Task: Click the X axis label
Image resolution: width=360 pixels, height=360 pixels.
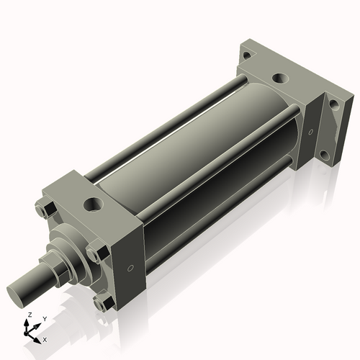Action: coord(45,338)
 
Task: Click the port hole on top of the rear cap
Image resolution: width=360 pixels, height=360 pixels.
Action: coord(278,78)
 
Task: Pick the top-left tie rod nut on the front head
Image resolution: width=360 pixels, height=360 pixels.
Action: coord(41,210)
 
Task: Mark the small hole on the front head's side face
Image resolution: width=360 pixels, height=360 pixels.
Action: coord(130,269)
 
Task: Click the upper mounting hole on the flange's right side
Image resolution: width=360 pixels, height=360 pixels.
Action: coord(333,104)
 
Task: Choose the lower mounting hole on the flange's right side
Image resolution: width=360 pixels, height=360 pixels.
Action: coord(325,153)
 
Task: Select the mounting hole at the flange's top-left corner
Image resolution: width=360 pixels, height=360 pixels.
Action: coord(246,55)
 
